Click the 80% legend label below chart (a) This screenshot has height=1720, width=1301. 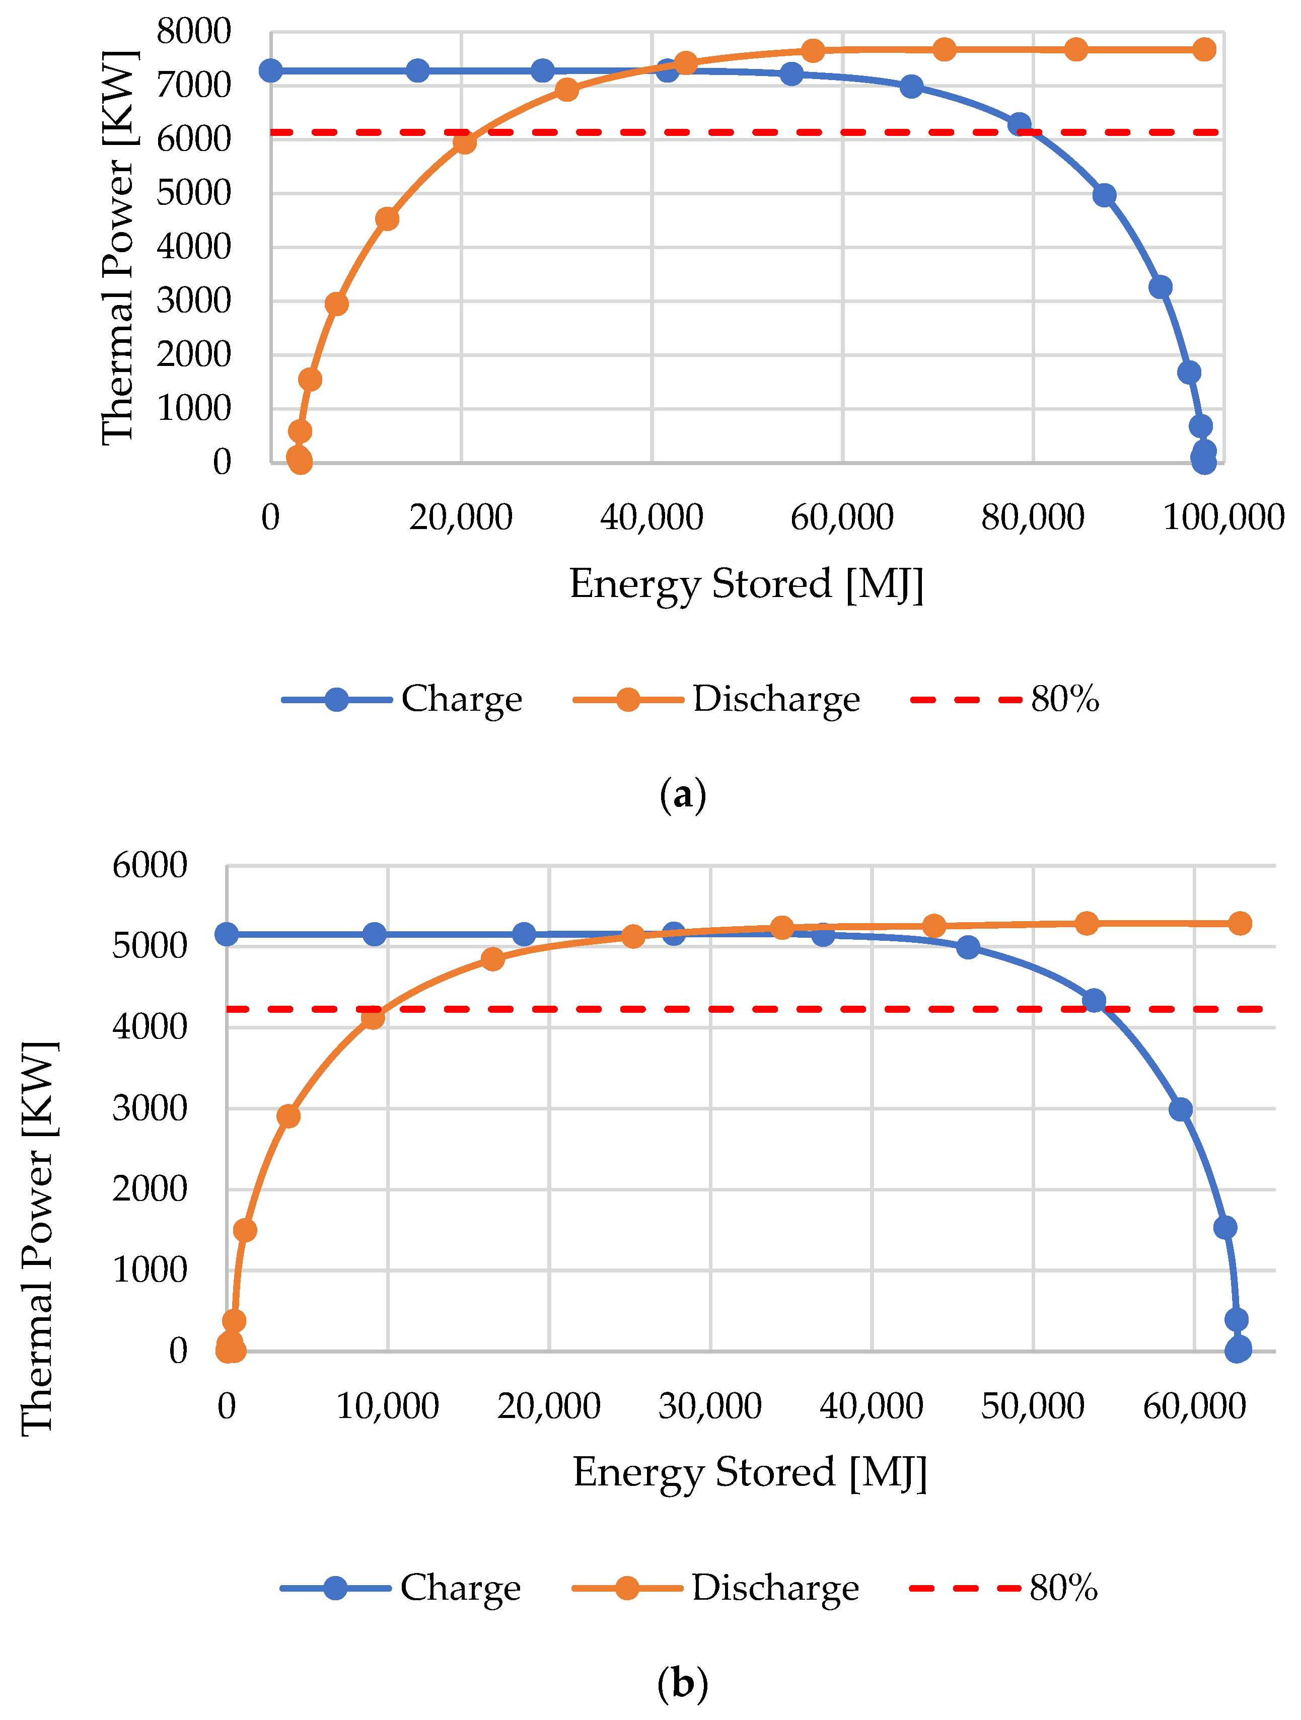point(1064,699)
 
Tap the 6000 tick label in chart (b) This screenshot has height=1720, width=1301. point(150,865)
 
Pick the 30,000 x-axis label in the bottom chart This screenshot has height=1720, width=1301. point(709,1406)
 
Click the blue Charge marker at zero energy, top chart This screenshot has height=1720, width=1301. point(270,71)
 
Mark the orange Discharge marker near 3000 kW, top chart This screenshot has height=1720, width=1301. point(336,303)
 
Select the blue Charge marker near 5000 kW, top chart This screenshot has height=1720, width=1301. point(1104,195)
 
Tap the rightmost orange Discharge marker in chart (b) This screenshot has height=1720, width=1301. point(1240,923)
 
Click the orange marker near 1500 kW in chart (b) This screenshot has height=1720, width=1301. point(244,1229)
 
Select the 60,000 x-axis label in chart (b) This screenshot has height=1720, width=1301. point(1194,1406)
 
